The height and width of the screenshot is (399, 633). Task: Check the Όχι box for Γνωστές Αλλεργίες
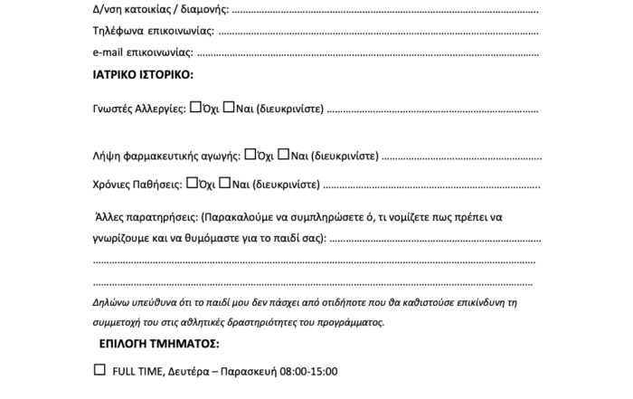pyautogui.click(x=194, y=109)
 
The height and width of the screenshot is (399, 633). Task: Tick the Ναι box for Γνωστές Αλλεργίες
pyautogui.click(x=229, y=109)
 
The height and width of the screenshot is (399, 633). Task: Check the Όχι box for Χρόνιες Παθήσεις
pyautogui.click(x=191, y=183)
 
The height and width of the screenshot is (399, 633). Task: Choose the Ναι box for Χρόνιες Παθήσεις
pyautogui.click(x=225, y=183)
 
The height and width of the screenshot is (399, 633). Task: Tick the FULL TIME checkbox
pyautogui.click(x=99, y=369)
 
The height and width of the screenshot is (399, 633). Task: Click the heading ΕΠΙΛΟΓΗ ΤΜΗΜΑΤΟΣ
pyautogui.click(x=157, y=344)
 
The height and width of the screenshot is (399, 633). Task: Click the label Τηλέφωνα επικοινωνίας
pyautogui.click(x=153, y=31)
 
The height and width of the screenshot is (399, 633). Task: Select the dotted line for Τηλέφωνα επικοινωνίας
pyautogui.click(x=379, y=32)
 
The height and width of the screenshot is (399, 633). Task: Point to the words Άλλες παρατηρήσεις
pyautogui.click(x=146, y=218)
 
